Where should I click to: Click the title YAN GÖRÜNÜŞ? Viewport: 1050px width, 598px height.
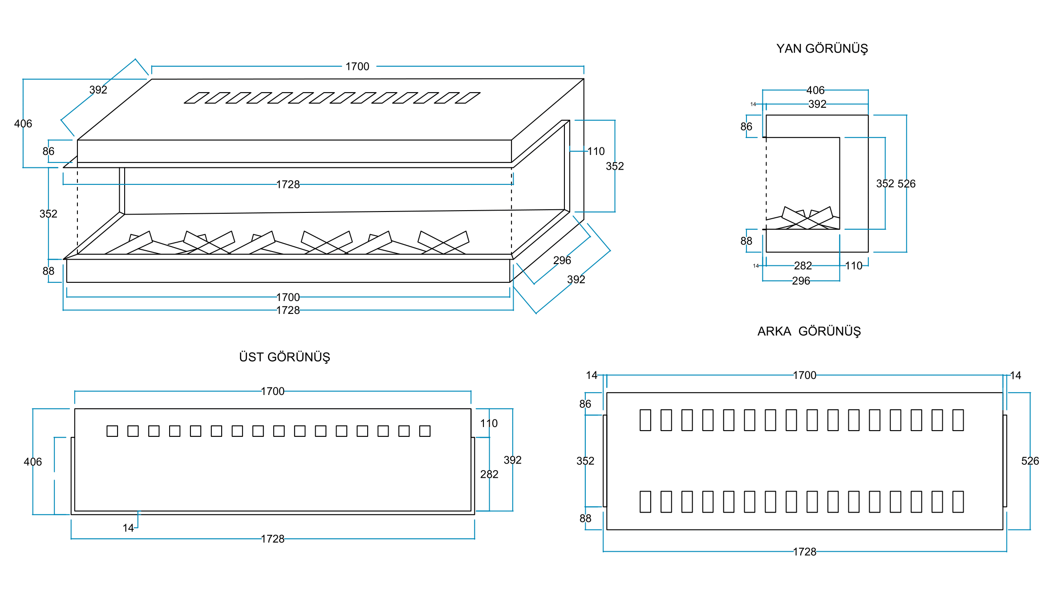point(822,49)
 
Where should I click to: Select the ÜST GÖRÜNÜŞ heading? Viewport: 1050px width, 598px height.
point(284,357)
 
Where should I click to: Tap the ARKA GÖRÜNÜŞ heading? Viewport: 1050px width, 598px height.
point(809,331)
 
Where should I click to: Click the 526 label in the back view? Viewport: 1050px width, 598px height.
point(1030,461)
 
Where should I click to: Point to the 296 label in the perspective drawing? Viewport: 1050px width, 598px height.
point(562,260)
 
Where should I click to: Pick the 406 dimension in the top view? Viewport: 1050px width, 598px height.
point(32,462)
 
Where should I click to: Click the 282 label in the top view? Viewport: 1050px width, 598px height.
point(489,474)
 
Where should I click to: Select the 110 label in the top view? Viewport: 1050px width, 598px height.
point(489,423)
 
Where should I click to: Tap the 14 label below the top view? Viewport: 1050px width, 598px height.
point(128,528)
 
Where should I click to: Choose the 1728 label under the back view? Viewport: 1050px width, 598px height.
point(804,552)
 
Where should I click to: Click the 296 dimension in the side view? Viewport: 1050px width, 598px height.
point(801,281)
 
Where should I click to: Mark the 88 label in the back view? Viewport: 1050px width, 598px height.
point(585,518)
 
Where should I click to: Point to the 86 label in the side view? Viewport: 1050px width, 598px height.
point(746,126)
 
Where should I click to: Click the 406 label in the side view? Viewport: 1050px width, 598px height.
point(815,90)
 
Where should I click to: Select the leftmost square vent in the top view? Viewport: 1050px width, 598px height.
point(112,431)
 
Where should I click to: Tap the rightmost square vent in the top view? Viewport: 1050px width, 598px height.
point(425,431)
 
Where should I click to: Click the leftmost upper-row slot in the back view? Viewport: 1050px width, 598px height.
point(645,420)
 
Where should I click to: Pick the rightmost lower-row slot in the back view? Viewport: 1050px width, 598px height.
point(958,502)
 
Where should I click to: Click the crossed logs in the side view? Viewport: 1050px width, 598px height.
point(807,218)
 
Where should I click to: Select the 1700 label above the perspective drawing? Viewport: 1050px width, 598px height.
point(357,66)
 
